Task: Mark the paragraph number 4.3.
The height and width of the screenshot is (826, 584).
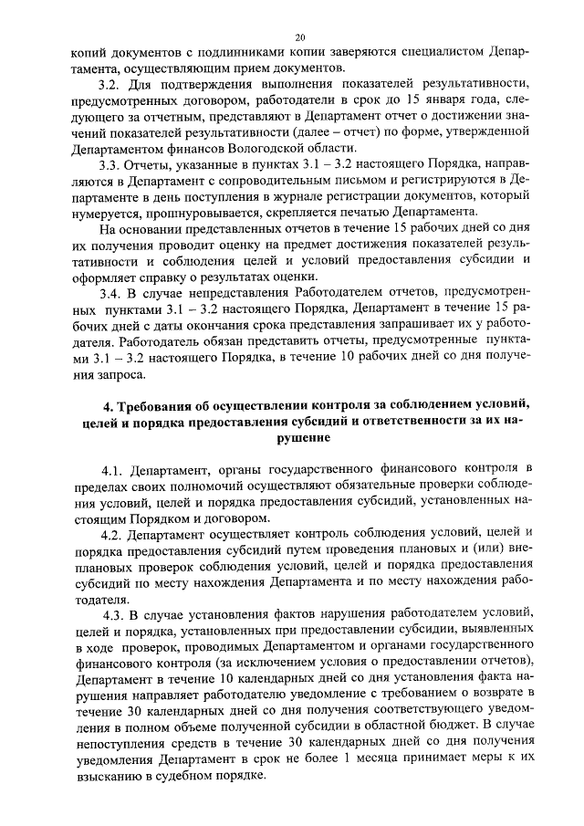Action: coord(117,614)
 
